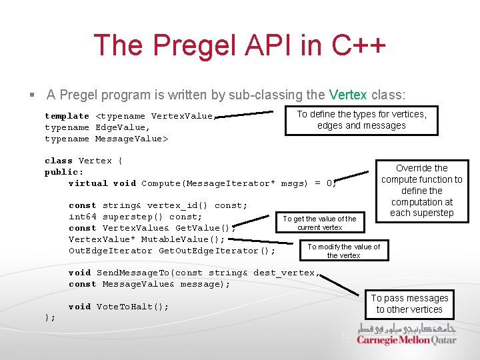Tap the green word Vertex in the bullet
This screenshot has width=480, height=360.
coord(348,95)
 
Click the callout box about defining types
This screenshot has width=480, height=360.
coord(361,120)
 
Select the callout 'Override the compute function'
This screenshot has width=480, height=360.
coord(421,191)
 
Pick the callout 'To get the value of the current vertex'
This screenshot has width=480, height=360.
coord(319,223)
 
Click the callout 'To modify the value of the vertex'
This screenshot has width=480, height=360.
coord(343,251)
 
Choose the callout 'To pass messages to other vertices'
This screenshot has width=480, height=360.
coord(409,304)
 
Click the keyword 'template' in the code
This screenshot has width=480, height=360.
coord(67,116)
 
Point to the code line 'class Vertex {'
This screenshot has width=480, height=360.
coord(83,161)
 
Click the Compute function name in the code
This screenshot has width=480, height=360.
coord(161,183)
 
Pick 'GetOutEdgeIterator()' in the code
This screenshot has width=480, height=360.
coord(216,251)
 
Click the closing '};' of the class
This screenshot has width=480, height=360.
coord(50,318)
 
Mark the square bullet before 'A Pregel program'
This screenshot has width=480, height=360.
coord(32,95)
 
